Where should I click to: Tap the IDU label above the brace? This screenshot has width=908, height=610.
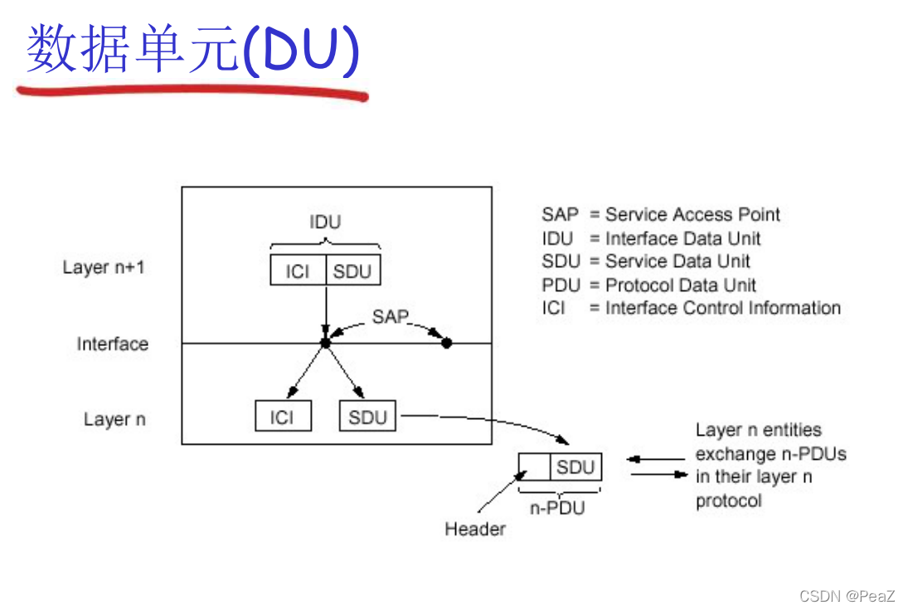[325, 222]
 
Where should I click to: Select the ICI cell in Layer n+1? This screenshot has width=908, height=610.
[298, 271]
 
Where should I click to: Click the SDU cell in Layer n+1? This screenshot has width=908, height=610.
[353, 271]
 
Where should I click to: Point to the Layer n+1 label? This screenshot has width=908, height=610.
[104, 267]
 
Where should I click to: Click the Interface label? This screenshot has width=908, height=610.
[113, 344]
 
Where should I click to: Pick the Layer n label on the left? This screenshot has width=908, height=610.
[114, 419]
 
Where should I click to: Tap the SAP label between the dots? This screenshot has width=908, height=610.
[391, 316]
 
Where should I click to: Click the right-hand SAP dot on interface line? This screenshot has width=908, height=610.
[446, 343]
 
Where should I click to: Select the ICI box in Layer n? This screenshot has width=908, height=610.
[283, 417]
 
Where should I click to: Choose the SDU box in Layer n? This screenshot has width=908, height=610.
[368, 417]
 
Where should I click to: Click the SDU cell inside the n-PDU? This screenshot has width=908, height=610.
[575, 467]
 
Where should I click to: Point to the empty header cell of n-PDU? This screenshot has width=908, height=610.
[534, 467]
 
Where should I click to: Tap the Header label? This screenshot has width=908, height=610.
[475, 529]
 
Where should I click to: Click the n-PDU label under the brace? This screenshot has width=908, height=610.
[557, 508]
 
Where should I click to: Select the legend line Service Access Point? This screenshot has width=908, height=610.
[662, 214]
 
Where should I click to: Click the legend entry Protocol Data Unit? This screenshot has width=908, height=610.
[649, 285]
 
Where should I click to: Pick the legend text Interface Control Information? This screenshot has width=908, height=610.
[692, 308]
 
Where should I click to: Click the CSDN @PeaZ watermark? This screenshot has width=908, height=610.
[847, 596]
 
